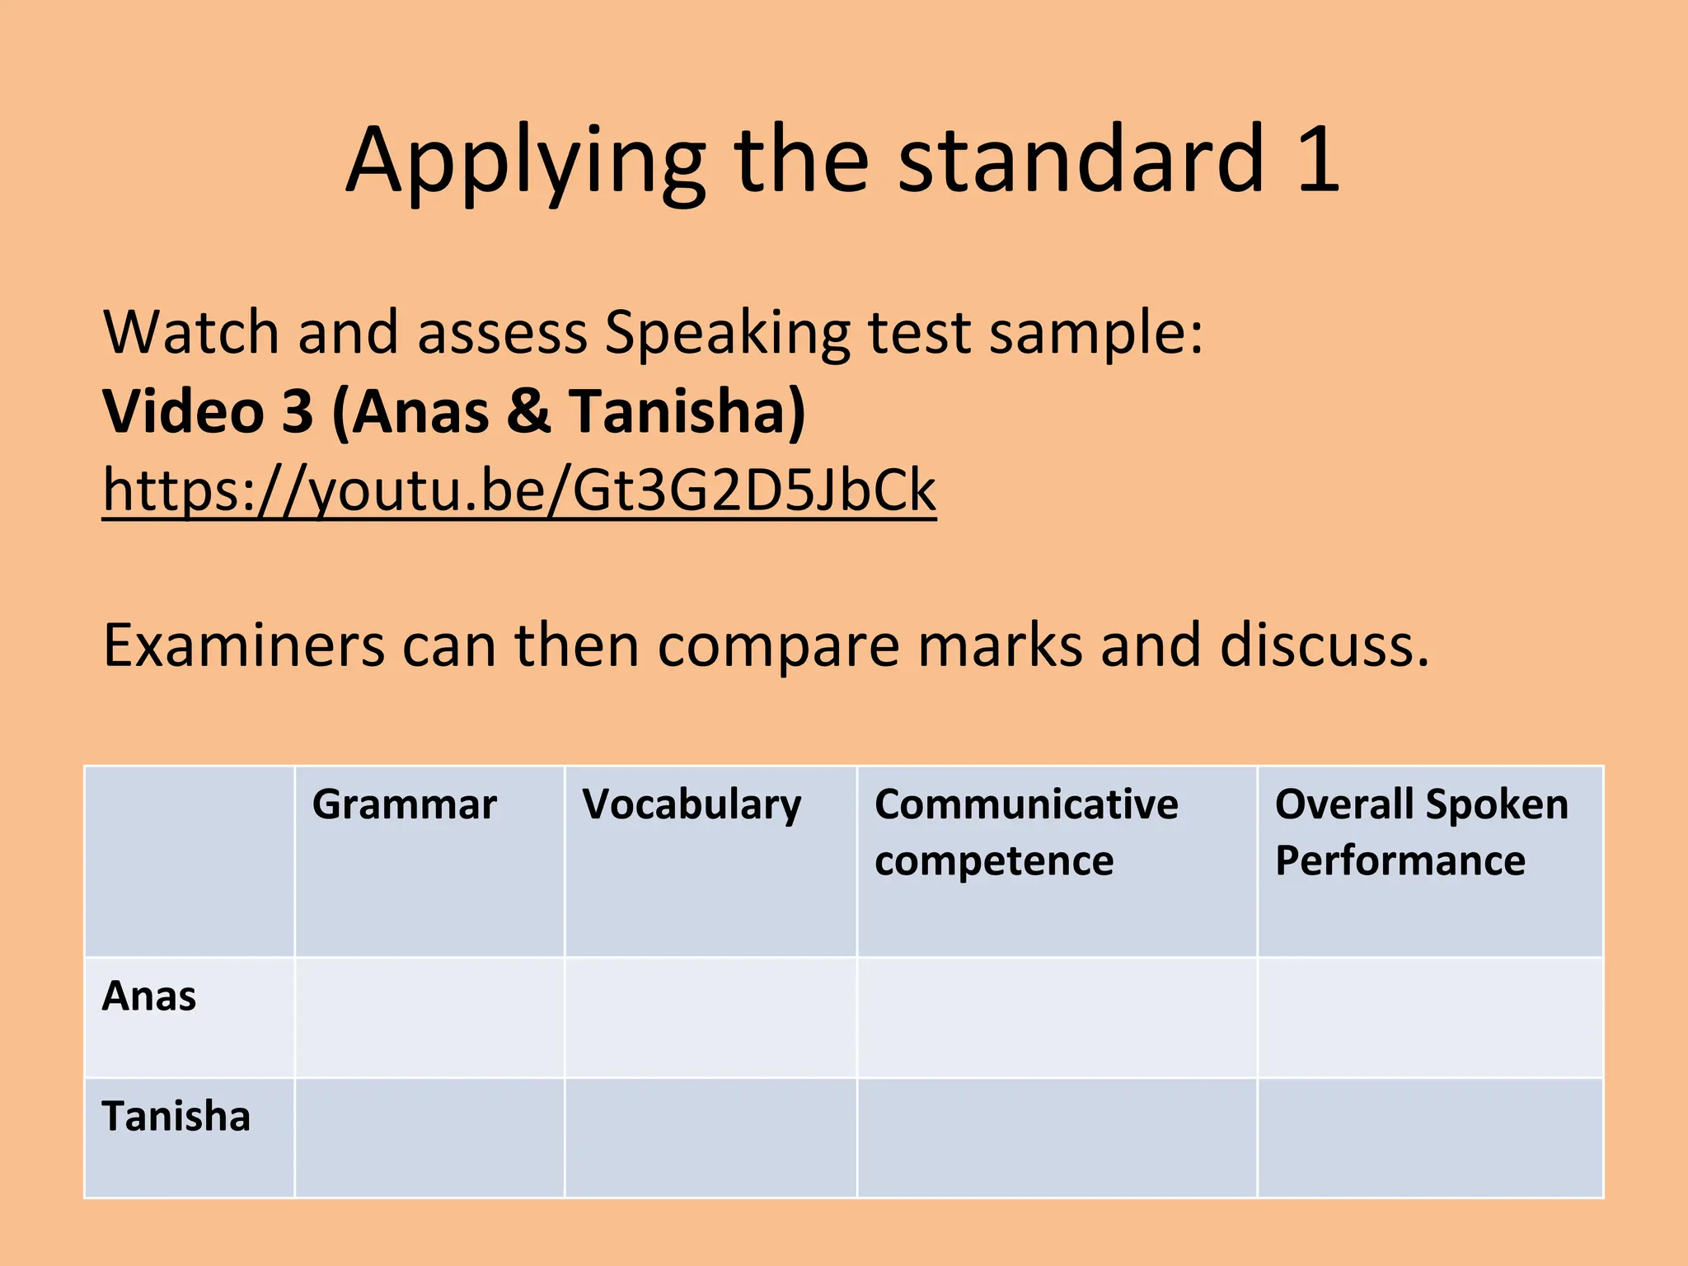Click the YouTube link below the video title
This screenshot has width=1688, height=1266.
click(519, 491)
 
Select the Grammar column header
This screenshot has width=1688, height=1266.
click(405, 804)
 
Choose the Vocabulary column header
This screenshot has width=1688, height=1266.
click(691, 804)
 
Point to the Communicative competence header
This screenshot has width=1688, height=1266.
click(1026, 832)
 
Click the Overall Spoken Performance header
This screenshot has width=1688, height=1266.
click(1421, 832)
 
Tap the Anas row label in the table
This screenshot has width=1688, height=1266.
click(149, 996)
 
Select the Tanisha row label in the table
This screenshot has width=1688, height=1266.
click(176, 1117)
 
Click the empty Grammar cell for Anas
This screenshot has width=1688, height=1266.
click(429, 1017)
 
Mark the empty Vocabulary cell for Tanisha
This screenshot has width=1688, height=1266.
click(710, 1138)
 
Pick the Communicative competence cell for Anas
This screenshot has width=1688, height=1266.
click(1057, 1017)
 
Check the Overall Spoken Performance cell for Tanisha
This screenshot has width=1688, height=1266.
click(1430, 1138)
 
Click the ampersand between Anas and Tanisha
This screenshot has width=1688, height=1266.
click(528, 410)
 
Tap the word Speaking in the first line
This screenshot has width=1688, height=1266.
click(727, 334)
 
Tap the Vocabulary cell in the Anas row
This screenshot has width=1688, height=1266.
click(710, 1017)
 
